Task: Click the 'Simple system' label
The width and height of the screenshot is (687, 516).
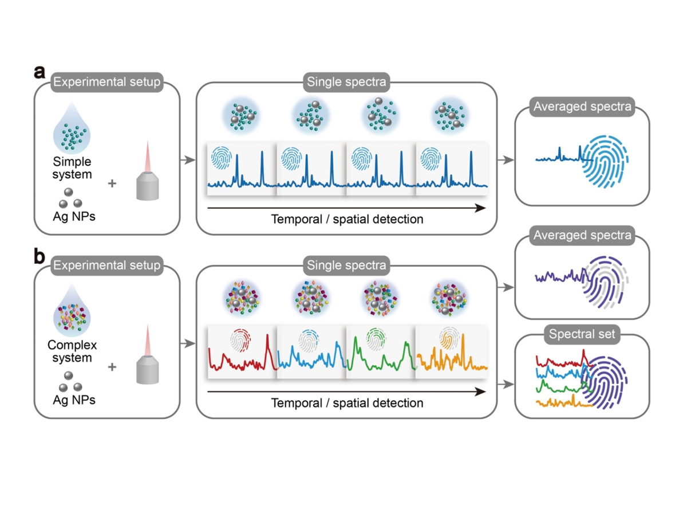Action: click(x=72, y=168)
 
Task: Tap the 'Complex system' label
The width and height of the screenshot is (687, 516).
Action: click(x=72, y=351)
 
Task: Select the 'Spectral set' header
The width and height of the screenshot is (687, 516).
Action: click(x=582, y=334)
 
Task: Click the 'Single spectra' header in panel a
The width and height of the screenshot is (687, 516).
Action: click(x=346, y=82)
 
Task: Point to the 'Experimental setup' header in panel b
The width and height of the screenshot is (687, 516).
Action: click(x=106, y=265)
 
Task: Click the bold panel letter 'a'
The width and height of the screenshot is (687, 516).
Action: click(x=40, y=72)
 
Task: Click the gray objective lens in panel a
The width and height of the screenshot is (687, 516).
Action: click(x=147, y=186)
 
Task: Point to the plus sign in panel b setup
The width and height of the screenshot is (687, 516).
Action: click(x=112, y=366)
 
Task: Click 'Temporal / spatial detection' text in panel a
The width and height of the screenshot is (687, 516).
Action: click(x=347, y=220)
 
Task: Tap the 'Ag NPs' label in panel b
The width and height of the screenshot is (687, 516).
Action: click(x=74, y=400)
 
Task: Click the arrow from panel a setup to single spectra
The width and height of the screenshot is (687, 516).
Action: click(x=188, y=160)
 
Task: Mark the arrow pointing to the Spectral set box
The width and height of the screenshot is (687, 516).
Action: click(x=506, y=384)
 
